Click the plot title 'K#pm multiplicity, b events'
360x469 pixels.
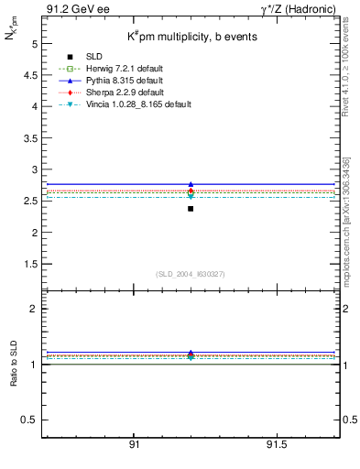(x=191, y=37)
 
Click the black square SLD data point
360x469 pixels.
(x=191, y=209)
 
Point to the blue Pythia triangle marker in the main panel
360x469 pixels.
(x=191, y=184)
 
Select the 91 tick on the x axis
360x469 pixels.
(x=134, y=445)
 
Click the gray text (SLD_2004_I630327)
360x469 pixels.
(x=191, y=274)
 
